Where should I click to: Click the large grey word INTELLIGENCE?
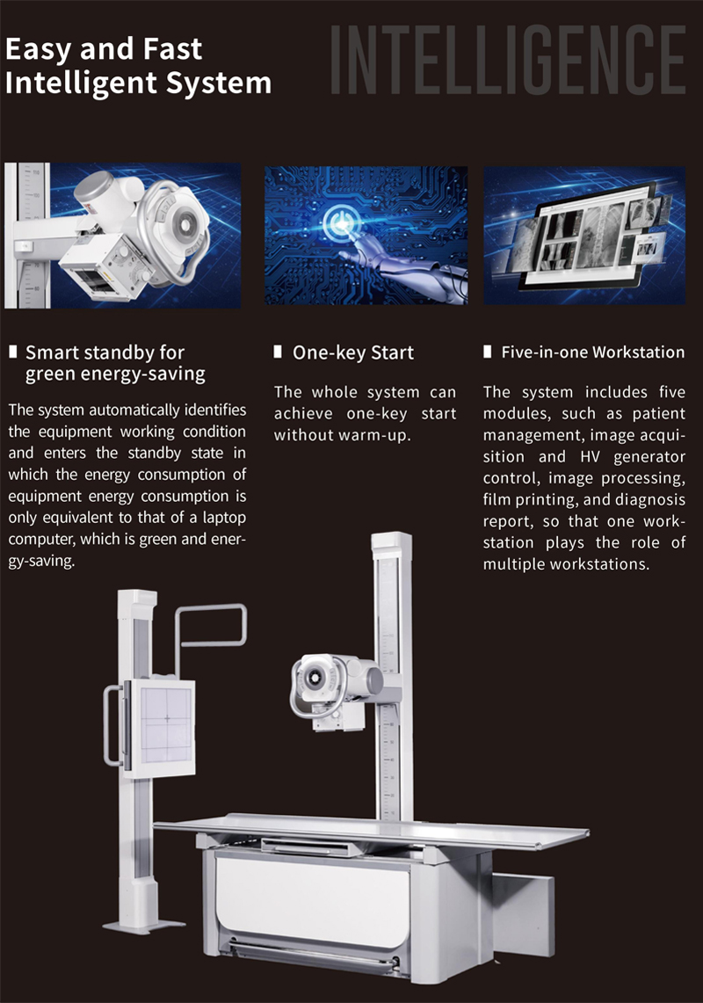point(508,60)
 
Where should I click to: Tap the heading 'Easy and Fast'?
point(104,49)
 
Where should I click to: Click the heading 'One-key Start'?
point(353,353)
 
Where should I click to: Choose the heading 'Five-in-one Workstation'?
point(592,353)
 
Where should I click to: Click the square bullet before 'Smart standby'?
point(13,352)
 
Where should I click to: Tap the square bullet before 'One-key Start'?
point(278,352)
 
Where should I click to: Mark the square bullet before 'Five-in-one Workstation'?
point(488,352)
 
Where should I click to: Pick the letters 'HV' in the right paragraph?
point(590,457)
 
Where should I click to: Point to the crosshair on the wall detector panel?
point(167,718)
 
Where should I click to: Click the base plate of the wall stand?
point(143,925)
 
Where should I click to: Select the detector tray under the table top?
point(313,847)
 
